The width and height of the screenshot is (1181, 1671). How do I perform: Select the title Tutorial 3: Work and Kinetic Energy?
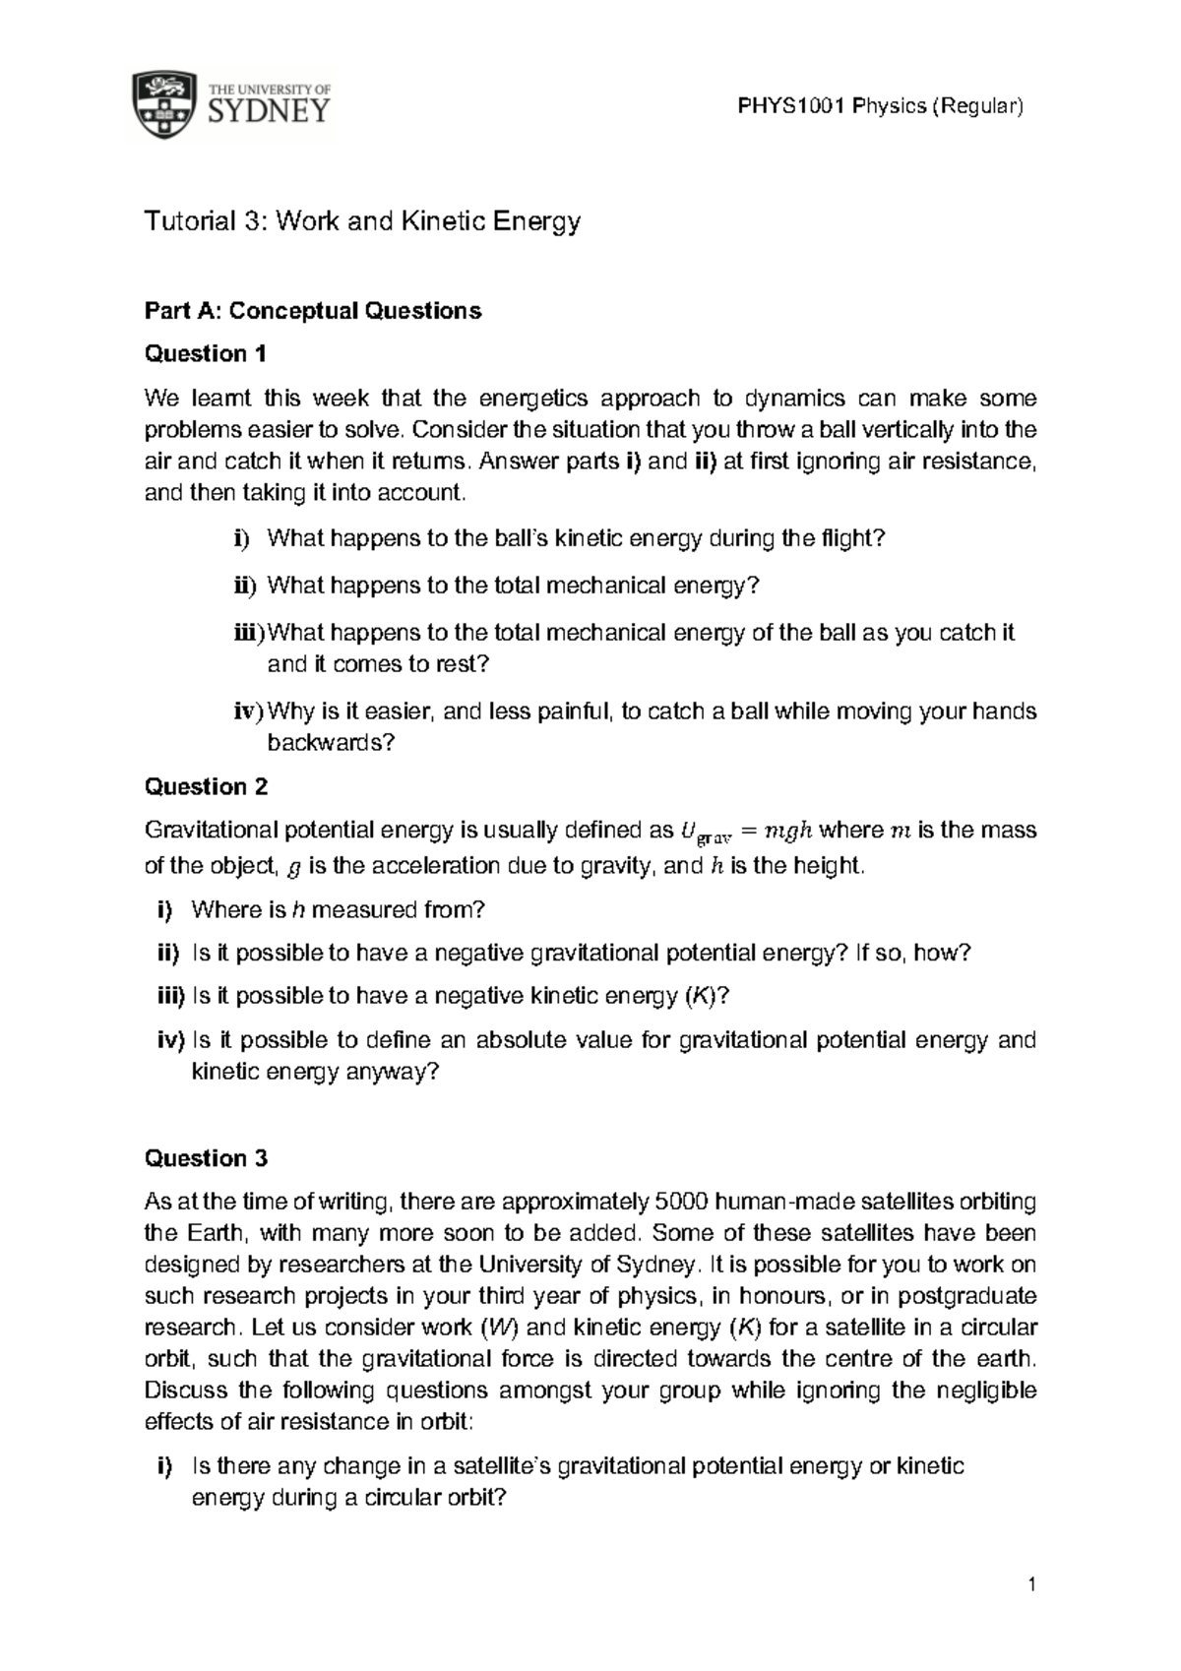362,221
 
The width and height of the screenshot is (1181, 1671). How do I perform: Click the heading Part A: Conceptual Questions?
313,311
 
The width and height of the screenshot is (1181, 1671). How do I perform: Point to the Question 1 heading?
206,353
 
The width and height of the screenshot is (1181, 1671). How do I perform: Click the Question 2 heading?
206,786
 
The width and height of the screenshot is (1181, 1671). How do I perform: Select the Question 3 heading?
206,1158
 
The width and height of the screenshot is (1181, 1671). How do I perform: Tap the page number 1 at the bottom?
1030,1585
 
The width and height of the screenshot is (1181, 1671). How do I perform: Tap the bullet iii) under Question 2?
170,996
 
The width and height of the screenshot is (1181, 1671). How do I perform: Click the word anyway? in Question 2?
391,1072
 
